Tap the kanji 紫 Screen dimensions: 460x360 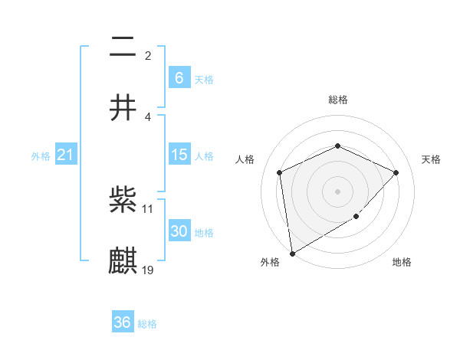(x=123, y=201)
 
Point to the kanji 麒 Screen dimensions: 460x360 (x=123, y=260)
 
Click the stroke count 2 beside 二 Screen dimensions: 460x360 (x=147, y=56)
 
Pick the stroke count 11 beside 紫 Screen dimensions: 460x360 (x=148, y=208)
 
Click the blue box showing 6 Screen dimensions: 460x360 (x=179, y=77)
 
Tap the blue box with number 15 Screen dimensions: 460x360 (x=179, y=155)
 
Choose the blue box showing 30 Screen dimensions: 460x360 (x=179, y=231)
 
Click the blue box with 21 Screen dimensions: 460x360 (x=65, y=155)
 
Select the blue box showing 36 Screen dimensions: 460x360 (x=123, y=322)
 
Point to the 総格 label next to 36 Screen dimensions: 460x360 (x=147, y=324)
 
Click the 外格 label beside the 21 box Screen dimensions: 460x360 (x=41, y=156)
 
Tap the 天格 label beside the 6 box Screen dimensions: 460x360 (x=204, y=79)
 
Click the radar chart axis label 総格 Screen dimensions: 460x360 (x=337, y=100)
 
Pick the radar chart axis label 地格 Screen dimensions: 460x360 (x=402, y=263)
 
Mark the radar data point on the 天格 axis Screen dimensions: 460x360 (x=396, y=172)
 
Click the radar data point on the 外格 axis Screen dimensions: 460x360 (x=292, y=253)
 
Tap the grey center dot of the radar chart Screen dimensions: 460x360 (x=337, y=191)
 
